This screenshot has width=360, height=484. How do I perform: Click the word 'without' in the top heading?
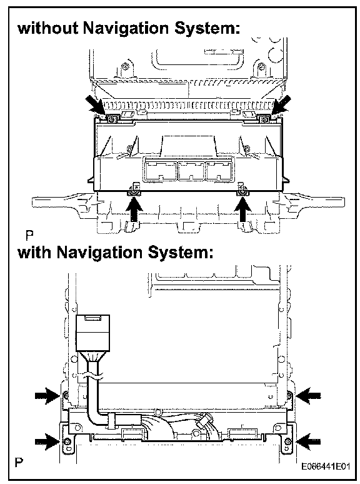pyautogui.click(x=48, y=28)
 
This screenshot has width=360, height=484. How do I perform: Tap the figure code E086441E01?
pyautogui.click(x=326, y=466)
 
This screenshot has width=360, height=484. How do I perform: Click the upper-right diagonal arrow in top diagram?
pyautogui.click(x=281, y=104)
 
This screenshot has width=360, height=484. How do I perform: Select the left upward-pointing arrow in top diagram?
pyautogui.click(x=134, y=209)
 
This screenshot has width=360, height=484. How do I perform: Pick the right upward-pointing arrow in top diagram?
pyautogui.click(x=243, y=209)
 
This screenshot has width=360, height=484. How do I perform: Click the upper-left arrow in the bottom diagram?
pyautogui.click(x=47, y=395)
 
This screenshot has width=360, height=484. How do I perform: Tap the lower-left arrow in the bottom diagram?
pyautogui.click(x=47, y=442)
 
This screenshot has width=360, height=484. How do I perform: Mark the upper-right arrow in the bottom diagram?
pyautogui.click(x=309, y=395)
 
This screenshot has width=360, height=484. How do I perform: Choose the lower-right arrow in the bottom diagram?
pyautogui.click(x=309, y=441)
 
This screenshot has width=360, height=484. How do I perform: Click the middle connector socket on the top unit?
pyautogui.click(x=191, y=171)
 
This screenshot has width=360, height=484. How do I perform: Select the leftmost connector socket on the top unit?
pyautogui.click(x=161, y=171)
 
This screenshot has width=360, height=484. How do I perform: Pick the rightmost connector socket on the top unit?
pyautogui.click(x=219, y=171)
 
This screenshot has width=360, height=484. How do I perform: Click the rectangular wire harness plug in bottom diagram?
pyautogui.click(x=92, y=333)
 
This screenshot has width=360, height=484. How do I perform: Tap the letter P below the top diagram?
pyautogui.click(x=30, y=236)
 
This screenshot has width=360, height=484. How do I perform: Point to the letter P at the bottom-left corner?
pyautogui.click(x=19, y=462)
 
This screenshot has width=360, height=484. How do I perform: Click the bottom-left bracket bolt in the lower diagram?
pyautogui.click(x=67, y=441)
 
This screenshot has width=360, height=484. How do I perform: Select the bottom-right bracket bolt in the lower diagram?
pyautogui.click(x=287, y=441)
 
